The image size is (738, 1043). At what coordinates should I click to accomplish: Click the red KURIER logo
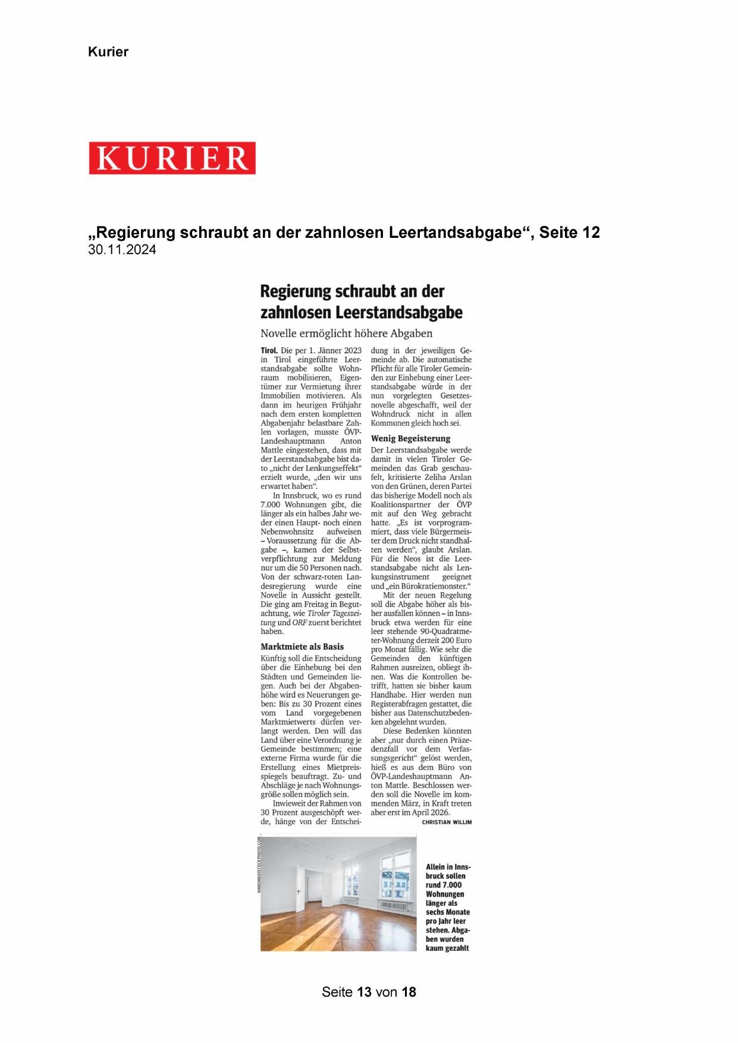(x=172, y=158)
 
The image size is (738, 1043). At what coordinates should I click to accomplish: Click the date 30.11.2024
(x=122, y=250)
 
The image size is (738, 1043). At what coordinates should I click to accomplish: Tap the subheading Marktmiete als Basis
(x=302, y=646)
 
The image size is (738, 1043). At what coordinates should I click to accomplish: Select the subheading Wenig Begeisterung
(x=410, y=438)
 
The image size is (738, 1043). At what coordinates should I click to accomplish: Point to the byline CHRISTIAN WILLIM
(x=447, y=822)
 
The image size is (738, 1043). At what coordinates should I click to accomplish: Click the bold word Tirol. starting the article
(x=269, y=351)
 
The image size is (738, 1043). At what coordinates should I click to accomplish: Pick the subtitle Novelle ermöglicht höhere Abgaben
(x=346, y=333)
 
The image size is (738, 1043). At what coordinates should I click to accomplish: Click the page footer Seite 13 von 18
(x=369, y=992)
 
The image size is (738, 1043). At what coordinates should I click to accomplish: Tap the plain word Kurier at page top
(x=108, y=52)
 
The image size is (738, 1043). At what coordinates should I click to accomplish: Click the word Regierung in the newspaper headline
(x=296, y=291)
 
